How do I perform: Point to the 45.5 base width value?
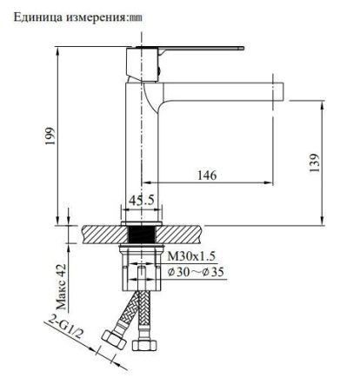[142, 199]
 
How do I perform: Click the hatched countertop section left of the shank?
[103, 235]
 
